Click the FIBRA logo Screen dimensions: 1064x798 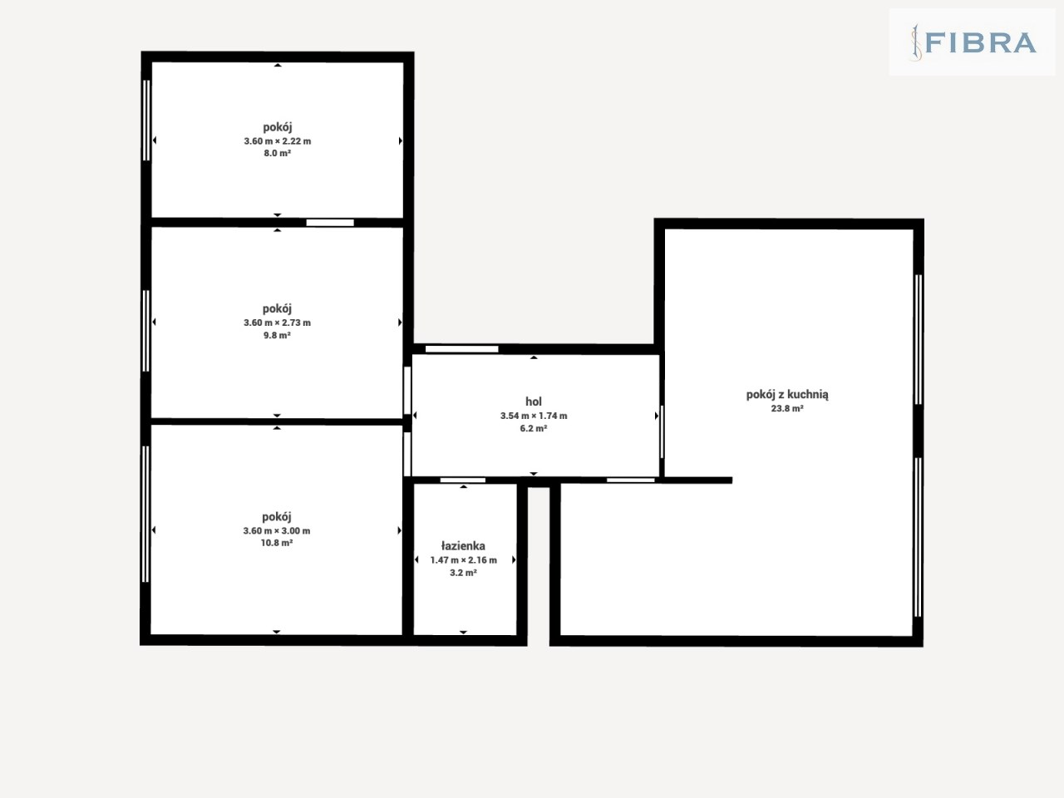[973, 42]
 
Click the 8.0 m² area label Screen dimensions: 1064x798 [278, 153]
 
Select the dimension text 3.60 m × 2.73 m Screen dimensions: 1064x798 [278, 323]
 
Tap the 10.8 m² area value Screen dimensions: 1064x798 [277, 543]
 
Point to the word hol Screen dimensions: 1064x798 [534, 401]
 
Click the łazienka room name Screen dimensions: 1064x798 [463, 546]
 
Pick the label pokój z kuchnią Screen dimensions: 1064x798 [787, 395]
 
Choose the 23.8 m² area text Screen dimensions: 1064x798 [787, 408]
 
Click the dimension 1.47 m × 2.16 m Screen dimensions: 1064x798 [463, 560]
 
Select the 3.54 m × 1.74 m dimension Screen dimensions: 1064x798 [534, 416]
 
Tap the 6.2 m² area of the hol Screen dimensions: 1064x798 [534, 428]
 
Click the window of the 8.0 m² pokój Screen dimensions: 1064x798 [146, 121]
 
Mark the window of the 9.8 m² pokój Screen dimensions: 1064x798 [146, 331]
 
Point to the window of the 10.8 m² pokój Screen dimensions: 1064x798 [145, 514]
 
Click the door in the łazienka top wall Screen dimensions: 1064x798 [463, 480]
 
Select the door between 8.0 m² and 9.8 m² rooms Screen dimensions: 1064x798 [330, 223]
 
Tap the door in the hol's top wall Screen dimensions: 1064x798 [462, 349]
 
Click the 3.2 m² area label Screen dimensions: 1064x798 [463, 573]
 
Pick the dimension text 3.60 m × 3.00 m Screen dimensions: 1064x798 [277, 530]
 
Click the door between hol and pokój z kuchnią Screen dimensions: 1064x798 [662, 431]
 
